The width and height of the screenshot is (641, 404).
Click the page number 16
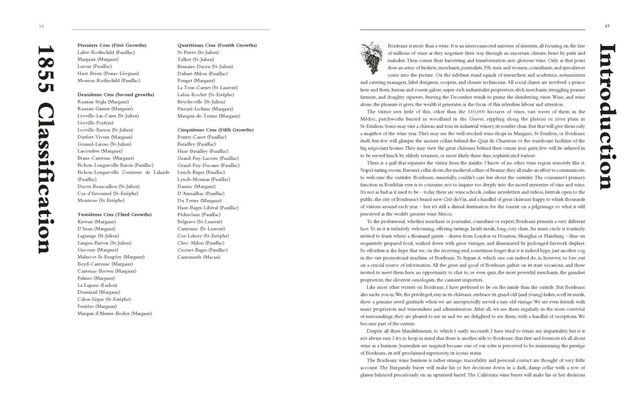pyautogui.click(x=41, y=26)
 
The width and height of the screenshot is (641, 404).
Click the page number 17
pyautogui.click(x=608, y=26)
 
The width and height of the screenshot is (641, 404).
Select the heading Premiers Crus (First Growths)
pyautogui.click(x=111, y=45)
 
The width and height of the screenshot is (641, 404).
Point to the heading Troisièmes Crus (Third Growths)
pyautogui.click(x=114, y=215)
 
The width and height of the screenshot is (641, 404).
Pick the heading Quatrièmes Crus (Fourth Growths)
pyautogui.click(x=217, y=45)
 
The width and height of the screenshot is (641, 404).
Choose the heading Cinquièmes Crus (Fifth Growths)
pyautogui.click(x=216, y=130)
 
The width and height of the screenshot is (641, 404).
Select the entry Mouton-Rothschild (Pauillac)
pyautogui.click(x=109, y=81)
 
